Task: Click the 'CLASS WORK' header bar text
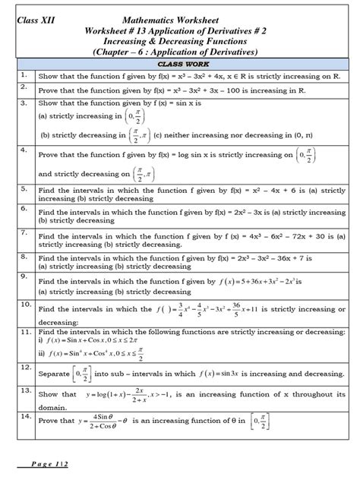[179, 65]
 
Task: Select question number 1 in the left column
[24, 76]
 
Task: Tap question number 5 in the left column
[24, 187]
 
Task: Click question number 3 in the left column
[24, 102]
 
